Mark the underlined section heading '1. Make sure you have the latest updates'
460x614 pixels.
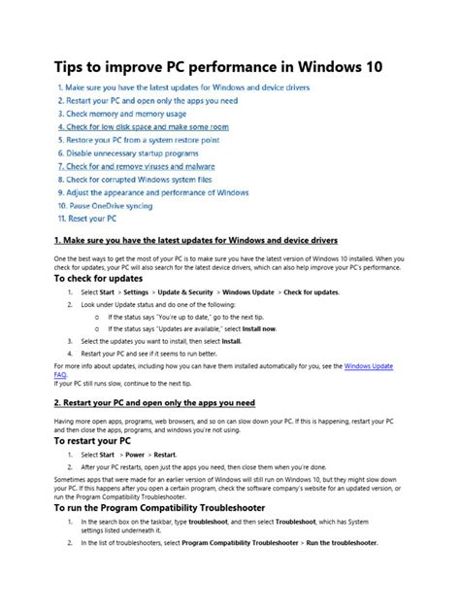195,239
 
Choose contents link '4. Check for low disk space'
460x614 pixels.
143,126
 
